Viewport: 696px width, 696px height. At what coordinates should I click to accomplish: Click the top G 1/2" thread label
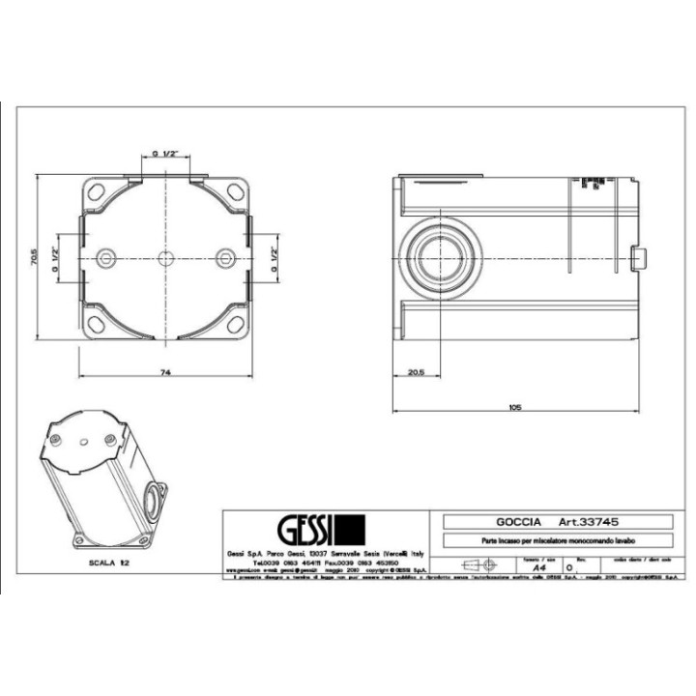163,153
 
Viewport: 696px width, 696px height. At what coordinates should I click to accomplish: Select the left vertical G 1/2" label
56,258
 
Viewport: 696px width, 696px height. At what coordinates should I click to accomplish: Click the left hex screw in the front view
104,258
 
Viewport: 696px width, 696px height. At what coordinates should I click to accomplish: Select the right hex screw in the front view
224,258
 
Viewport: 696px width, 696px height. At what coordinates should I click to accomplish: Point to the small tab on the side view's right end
637,258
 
